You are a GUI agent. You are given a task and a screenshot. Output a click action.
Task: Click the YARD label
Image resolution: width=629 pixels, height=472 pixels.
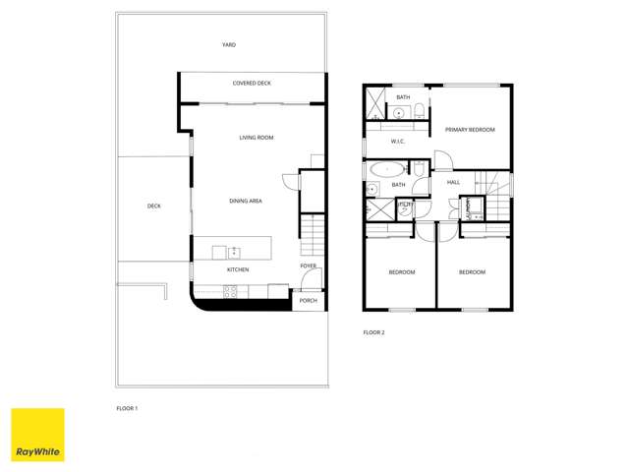pos(228,45)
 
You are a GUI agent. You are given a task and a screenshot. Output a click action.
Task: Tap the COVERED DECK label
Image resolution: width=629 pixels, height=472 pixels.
pos(252,84)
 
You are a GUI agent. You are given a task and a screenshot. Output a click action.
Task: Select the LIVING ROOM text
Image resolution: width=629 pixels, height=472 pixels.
pos(257,138)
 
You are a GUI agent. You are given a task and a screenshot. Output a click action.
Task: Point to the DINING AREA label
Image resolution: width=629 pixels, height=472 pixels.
pos(246,201)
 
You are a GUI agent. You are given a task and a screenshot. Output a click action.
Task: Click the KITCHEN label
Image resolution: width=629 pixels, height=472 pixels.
pos(238,269)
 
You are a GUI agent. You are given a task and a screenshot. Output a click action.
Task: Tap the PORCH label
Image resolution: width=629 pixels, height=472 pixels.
pos(309,301)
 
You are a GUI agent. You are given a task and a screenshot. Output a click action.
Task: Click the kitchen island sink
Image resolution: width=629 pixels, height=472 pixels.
pos(235,253)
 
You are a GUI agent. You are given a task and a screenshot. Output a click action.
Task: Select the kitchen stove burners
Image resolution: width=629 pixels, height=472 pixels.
pos(231,290)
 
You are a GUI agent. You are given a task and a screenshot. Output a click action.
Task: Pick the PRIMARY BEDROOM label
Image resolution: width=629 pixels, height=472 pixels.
pos(470,130)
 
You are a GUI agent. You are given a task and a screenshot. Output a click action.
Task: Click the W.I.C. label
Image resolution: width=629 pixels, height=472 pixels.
pos(398,142)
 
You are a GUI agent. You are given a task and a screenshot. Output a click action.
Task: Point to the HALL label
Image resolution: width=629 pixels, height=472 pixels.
pos(453,182)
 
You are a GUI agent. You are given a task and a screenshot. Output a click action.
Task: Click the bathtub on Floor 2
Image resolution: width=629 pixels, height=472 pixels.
pos(380,169)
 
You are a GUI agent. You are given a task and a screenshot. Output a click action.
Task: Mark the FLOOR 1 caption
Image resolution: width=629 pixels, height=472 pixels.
pos(128,407)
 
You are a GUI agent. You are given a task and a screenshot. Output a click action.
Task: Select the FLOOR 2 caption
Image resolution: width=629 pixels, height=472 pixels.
pos(374,332)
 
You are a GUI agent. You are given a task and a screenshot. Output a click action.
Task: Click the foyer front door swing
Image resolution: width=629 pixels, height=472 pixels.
pos(290,183)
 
